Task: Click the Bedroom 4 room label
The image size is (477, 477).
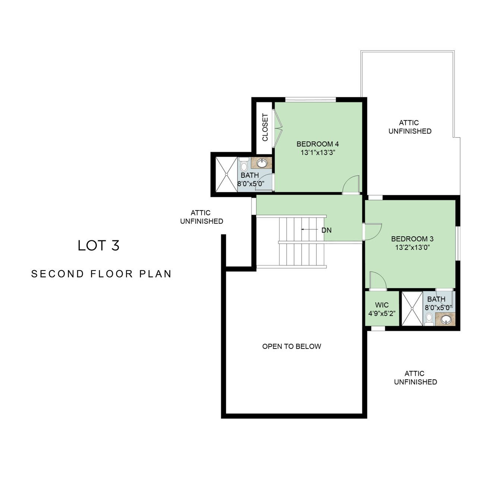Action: pyautogui.click(x=318, y=144)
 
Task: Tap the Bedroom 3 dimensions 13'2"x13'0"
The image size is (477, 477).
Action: pyautogui.click(x=412, y=247)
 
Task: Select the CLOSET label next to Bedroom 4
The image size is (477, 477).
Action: pyautogui.click(x=265, y=127)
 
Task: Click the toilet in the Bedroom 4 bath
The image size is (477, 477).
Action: pyautogui.click(x=244, y=164)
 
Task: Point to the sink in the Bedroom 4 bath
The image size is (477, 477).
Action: pyautogui.click(x=261, y=163)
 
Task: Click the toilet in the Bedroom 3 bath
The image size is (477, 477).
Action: pyautogui.click(x=429, y=319)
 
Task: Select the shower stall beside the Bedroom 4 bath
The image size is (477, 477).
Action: pyautogui.click(x=227, y=174)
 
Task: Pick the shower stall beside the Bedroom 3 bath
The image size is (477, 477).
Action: pyautogui.click(x=412, y=309)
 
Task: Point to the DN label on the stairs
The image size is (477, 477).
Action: pyautogui.click(x=326, y=230)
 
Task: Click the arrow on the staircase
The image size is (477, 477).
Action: pyautogui.click(x=309, y=230)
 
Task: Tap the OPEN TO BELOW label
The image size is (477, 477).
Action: pyautogui.click(x=291, y=346)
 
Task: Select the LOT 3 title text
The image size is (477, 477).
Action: pyautogui.click(x=98, y=246)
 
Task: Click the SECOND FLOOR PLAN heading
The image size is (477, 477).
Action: pyautogui.click(x=101, y=274)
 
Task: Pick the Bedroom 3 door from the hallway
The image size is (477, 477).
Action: pyautogui.click(x=373, y=232)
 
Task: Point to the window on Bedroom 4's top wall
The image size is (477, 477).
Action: pyautogui.click(x=311, y=99)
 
